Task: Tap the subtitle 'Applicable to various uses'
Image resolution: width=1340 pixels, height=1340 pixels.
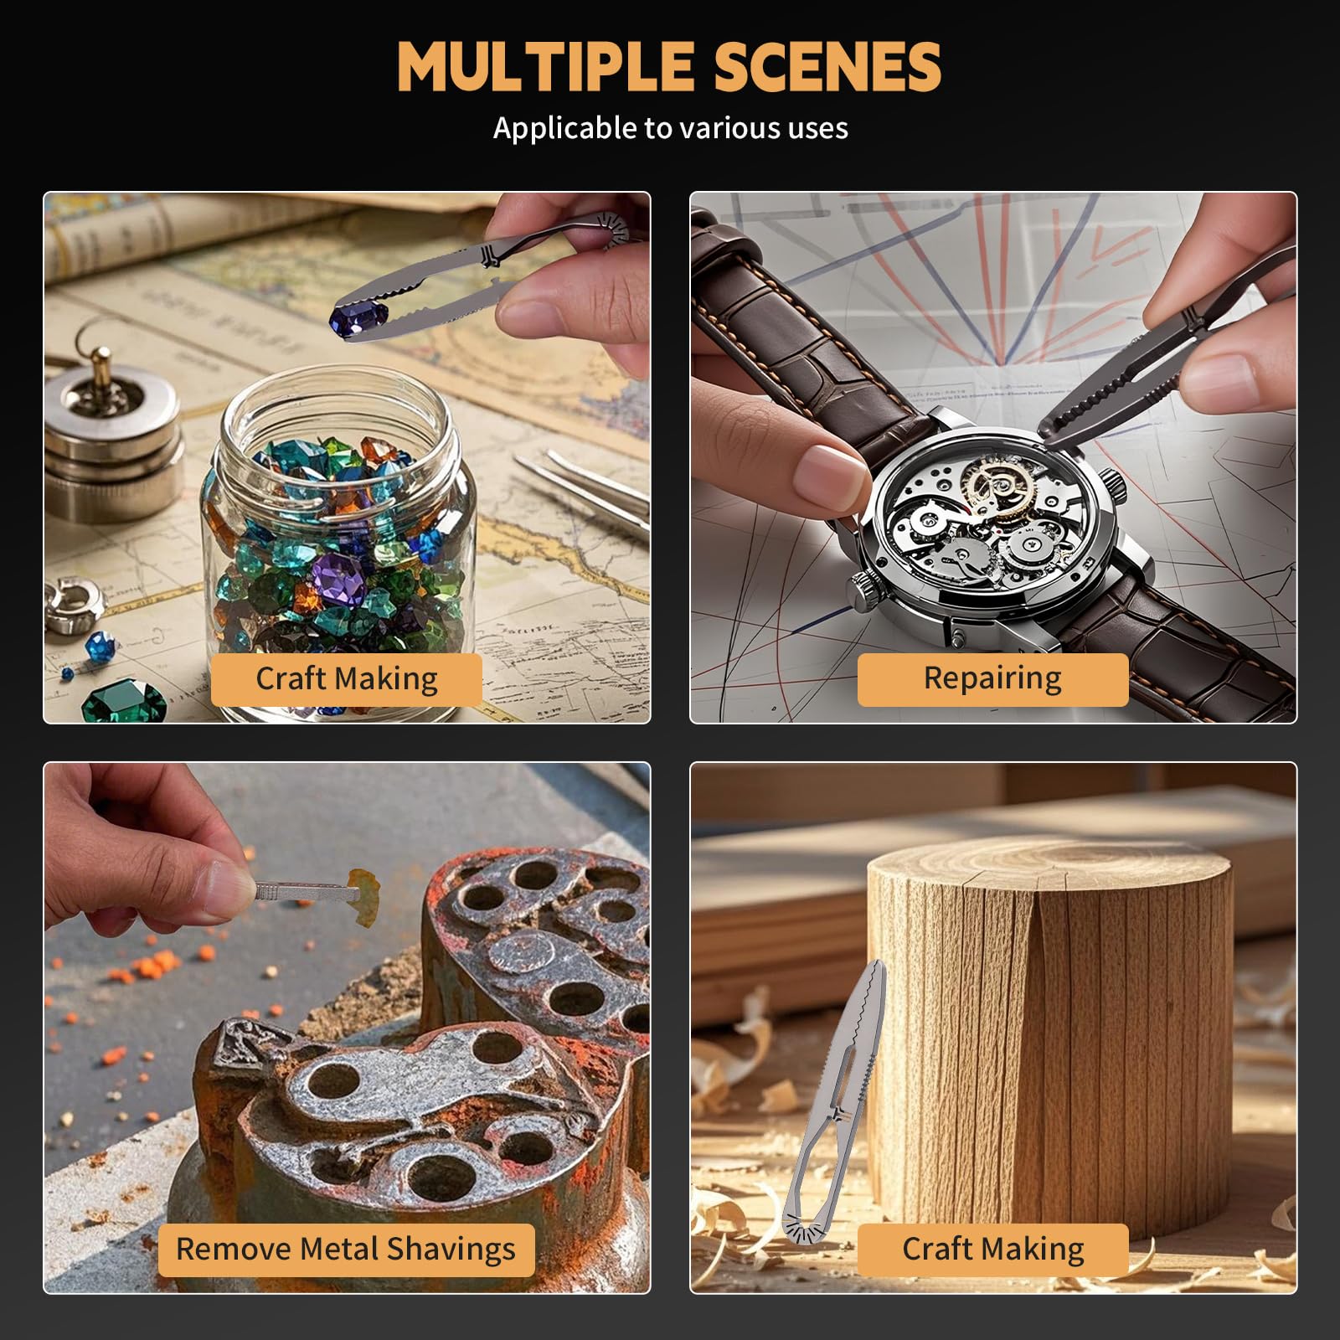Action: [x=670, y=128]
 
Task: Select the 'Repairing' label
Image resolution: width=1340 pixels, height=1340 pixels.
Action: [x=992, y=678]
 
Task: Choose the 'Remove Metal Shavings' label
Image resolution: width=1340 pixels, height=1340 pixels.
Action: [x=346, y=1249]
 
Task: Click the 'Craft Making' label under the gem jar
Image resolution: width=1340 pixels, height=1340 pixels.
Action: [x=346, y=678]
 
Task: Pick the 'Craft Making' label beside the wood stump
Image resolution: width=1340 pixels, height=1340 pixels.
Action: [x=992, y=1249]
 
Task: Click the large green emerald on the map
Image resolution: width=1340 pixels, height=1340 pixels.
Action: [x=124, y=702]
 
